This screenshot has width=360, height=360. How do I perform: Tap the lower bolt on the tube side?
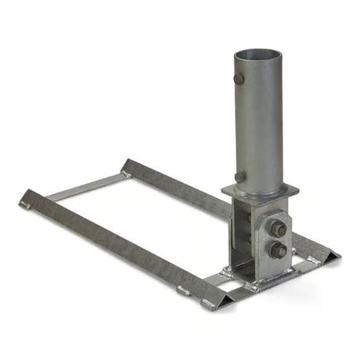(x=239, y=177)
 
